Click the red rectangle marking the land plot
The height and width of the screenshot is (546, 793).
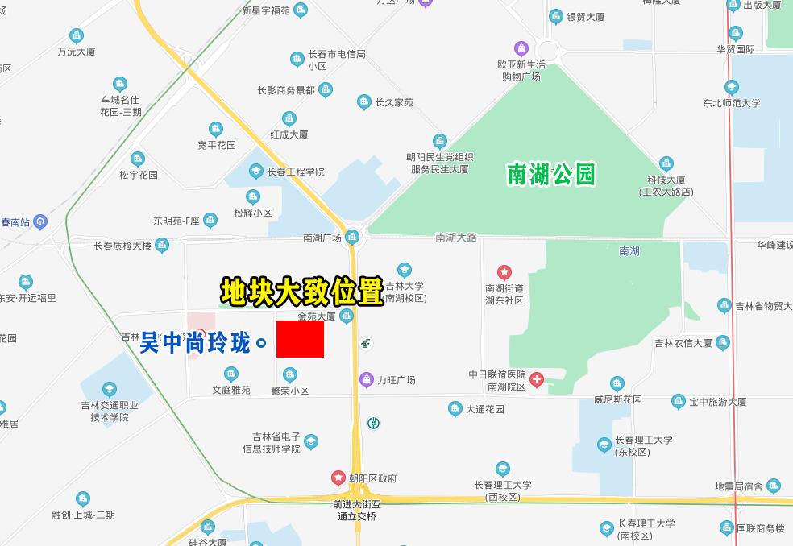[300, 339]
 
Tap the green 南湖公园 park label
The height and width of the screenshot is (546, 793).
[551, 174]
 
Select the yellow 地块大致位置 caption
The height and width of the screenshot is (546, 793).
[301, 292]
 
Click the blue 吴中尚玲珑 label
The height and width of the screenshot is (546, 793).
[196, 343]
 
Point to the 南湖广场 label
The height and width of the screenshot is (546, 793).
[322, 238]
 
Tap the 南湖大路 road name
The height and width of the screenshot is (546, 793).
[456, 238]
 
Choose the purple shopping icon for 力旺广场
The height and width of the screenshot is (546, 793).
[367, 379]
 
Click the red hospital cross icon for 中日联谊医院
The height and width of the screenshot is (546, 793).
[537, 379]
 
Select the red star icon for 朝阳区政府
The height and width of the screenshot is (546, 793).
[338, 478]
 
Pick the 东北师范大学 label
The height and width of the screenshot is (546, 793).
[731, 103]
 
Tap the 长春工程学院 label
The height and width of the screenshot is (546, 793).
[296, 172]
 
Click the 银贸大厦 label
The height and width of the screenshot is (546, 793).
[587, 17]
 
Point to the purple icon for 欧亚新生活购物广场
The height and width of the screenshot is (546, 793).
[521, 48]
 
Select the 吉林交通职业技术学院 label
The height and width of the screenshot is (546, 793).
[109, 412]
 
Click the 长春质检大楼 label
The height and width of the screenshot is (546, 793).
[122, 246]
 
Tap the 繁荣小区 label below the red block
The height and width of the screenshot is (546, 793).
[289, 391]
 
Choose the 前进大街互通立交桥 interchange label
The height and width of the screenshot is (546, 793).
[357, 511]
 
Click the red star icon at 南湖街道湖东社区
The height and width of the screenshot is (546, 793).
[504, 273]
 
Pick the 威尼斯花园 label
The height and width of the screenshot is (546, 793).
[618, 399]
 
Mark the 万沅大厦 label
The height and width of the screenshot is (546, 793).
[77, 52]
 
